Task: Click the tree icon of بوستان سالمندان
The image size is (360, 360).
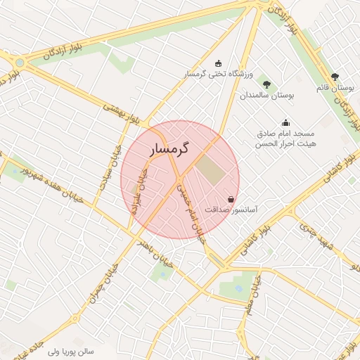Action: (266, 84)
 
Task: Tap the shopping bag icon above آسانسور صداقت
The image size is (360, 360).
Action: (231, 199)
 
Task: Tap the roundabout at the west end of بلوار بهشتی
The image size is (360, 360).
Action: (20, 63)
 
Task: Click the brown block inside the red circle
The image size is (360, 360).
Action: (207, 167)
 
